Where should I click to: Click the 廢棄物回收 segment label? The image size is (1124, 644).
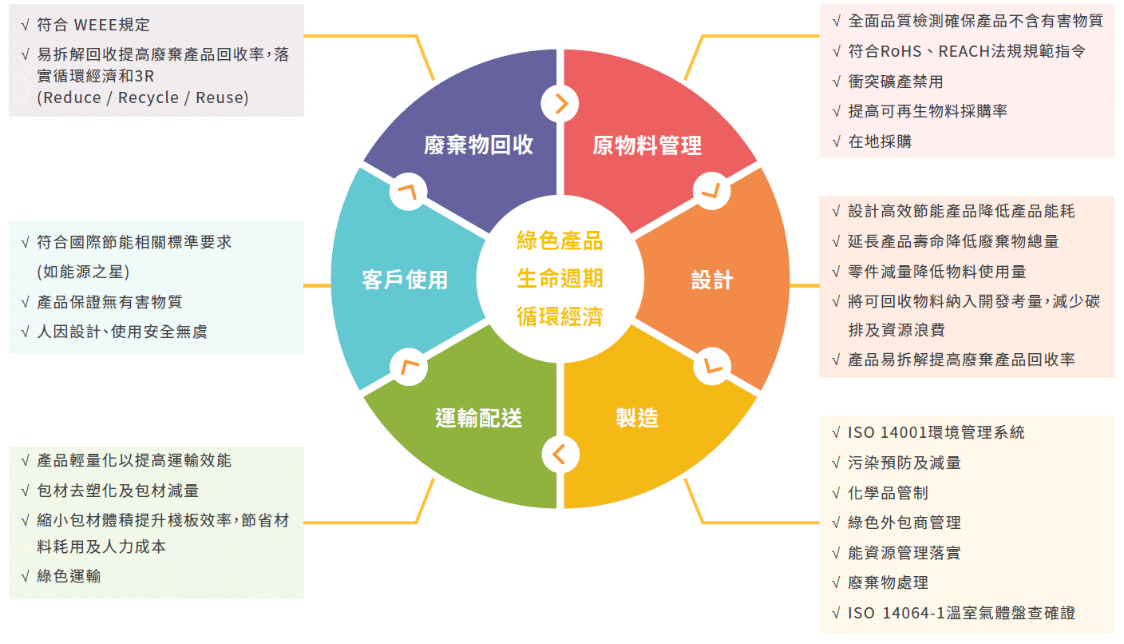(x=478, y=145)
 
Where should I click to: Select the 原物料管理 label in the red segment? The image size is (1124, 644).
(x=647, y=145)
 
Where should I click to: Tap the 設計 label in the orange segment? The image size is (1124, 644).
(x=712, y=280)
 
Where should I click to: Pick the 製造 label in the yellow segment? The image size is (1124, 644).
(x=637, y=417)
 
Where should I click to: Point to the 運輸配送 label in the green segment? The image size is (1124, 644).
(x=478, y=417)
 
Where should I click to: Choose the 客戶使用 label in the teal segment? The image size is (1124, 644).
(x=405, y=280)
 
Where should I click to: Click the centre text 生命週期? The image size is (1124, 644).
(x=560, y=278)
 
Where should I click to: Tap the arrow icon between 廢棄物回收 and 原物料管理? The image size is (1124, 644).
(x=560, y=103)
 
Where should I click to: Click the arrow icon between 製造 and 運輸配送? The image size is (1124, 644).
(x=560, y=454)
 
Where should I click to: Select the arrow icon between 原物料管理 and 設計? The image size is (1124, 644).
(x=710, y=192)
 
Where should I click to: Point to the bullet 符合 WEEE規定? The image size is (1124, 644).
(x=93, y=25)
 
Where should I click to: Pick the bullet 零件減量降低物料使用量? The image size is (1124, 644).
(x=937, y=272)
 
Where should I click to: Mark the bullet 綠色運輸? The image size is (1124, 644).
(x=69, y=575)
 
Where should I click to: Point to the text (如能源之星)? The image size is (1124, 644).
(x=83, y=272)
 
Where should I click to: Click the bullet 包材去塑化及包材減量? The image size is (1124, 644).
(x=117, y=491)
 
